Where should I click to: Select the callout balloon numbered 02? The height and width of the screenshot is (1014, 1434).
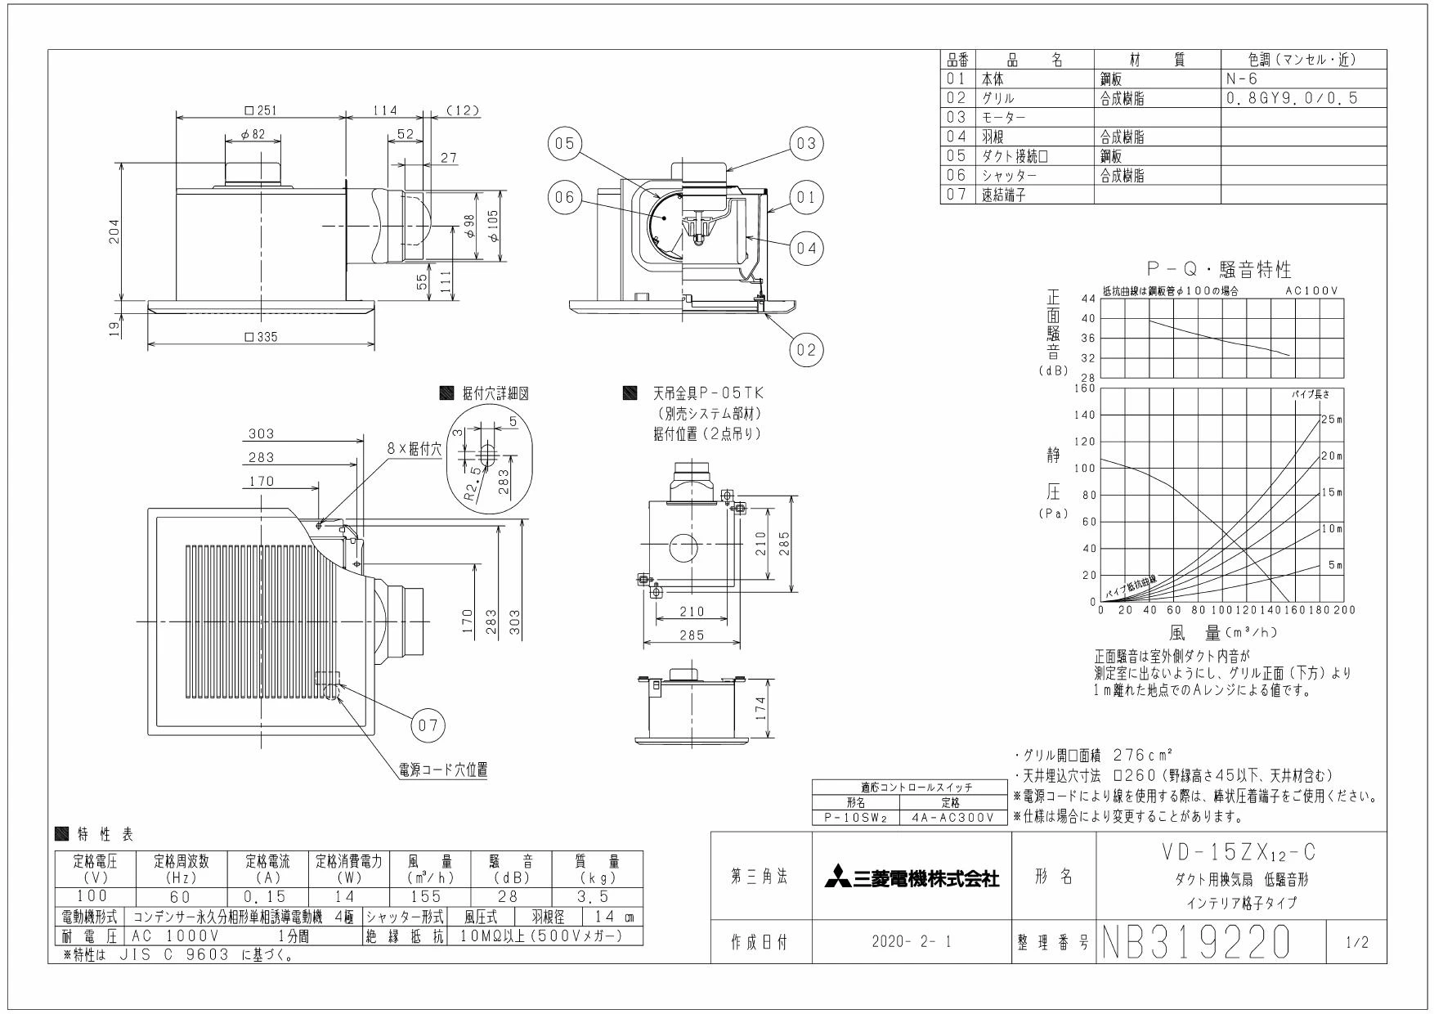point(807,350)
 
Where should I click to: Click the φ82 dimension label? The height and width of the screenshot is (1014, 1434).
point(253,135)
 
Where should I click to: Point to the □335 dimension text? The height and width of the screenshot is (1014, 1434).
point(261,337)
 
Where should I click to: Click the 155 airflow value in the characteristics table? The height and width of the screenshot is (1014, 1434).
point(426,897)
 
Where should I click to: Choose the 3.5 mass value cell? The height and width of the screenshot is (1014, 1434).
point(598,897)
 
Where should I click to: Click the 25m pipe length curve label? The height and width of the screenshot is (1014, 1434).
point(1332,420)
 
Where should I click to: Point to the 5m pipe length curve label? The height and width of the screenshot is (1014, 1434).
point(1335,565)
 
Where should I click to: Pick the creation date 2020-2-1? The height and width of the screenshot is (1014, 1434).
point(912,943)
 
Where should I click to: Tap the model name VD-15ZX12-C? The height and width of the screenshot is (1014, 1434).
point(1240,853)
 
